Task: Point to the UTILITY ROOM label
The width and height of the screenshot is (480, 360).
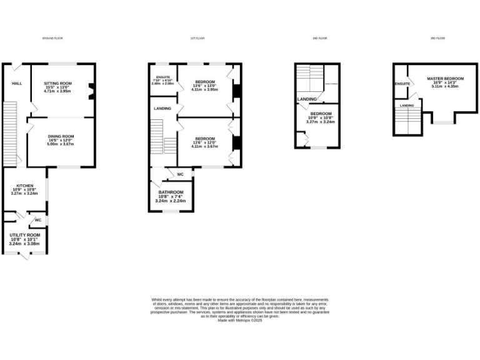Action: [24, 235]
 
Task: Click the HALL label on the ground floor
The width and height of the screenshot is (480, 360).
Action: [16, 82]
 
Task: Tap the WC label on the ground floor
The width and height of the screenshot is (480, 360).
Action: [37, 220]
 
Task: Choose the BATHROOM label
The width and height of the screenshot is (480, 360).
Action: [171, 192]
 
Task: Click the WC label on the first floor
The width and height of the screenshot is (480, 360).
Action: [180, 174]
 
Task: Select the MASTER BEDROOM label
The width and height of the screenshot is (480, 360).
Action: [442, 79]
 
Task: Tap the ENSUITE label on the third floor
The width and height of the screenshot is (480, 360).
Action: [402, 83]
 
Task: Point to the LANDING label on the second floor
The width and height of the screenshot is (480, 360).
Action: [306, 99]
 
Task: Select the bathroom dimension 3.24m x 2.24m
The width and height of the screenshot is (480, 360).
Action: [171, 201]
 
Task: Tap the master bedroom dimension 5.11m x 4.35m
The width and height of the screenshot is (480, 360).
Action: [442, 86]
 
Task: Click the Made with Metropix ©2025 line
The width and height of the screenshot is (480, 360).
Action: [240, 320]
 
